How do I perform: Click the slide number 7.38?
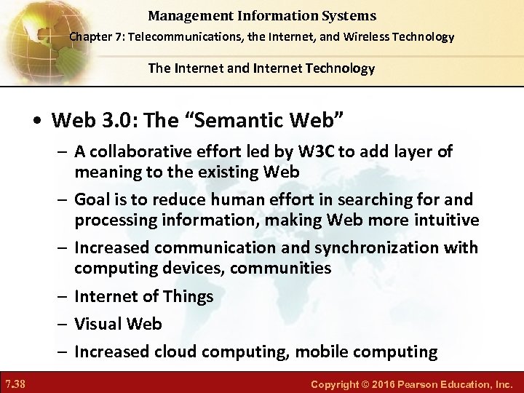[15, 384]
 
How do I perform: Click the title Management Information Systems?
[262, 15]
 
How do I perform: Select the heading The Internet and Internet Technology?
[261, 68]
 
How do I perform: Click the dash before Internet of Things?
[63, 296]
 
